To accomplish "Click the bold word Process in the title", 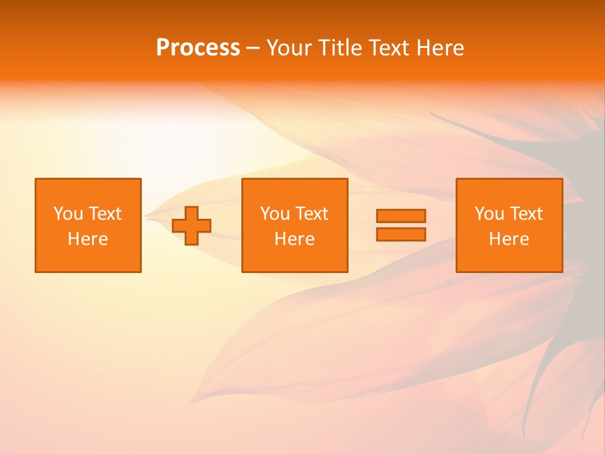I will (x=198, y=48).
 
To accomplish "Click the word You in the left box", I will (x=67, y=214).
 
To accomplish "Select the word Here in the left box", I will (x=88, y=239).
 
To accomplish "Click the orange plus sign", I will (x=192, y=226).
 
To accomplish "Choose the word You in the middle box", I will (x=274, y=214).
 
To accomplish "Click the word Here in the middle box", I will (x=294, y=239).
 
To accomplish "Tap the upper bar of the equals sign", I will (x=401, y=216).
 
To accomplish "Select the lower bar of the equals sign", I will (x=401, y=234).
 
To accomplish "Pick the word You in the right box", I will (x=488, y=214).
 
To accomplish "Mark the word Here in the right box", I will (x=509, y=239).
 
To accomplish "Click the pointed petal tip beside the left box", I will (x=147, y=216).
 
